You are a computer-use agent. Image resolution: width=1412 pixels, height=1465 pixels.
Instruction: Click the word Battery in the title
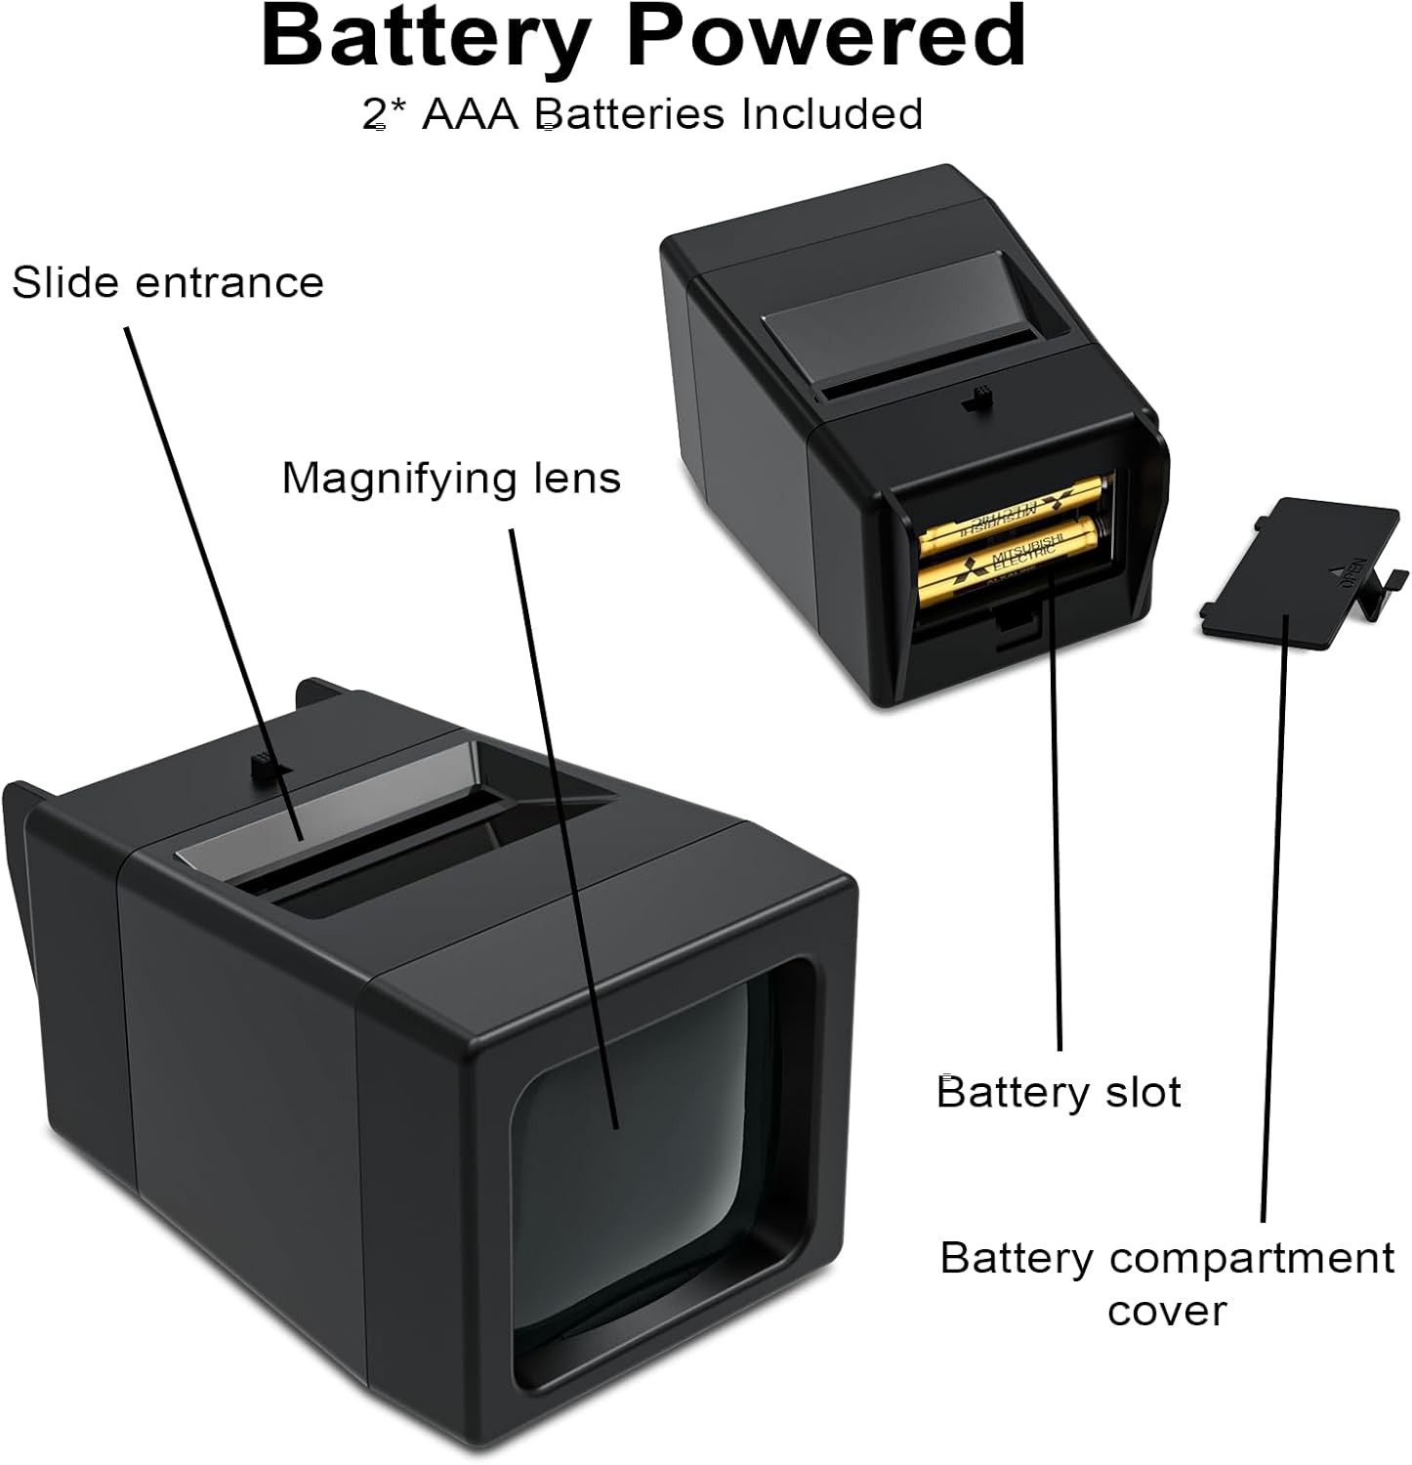(x=423, y=37)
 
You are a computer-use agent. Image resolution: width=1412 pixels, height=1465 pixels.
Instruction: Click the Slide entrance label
(x=168, y=283)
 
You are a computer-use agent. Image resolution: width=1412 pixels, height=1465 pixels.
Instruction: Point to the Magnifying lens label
(x=451, y=479)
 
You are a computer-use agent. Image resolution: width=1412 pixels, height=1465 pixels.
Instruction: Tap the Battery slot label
(x=1059, y=1092)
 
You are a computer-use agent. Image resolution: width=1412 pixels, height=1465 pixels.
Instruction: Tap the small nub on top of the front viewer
(x=262, y=765)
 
